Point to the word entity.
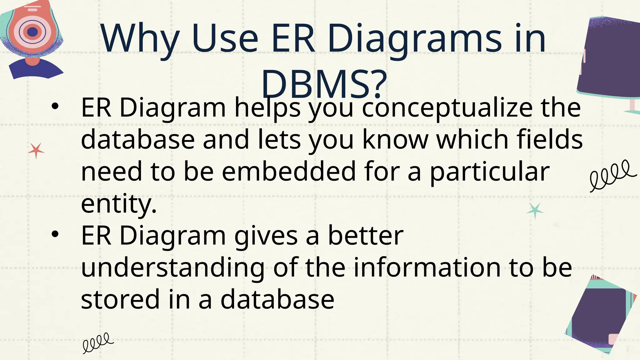[118, 204]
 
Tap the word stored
[120, 299]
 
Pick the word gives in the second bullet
[266, 236]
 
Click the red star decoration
[36, 151]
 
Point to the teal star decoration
[535, 211]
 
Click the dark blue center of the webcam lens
[32, 32]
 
